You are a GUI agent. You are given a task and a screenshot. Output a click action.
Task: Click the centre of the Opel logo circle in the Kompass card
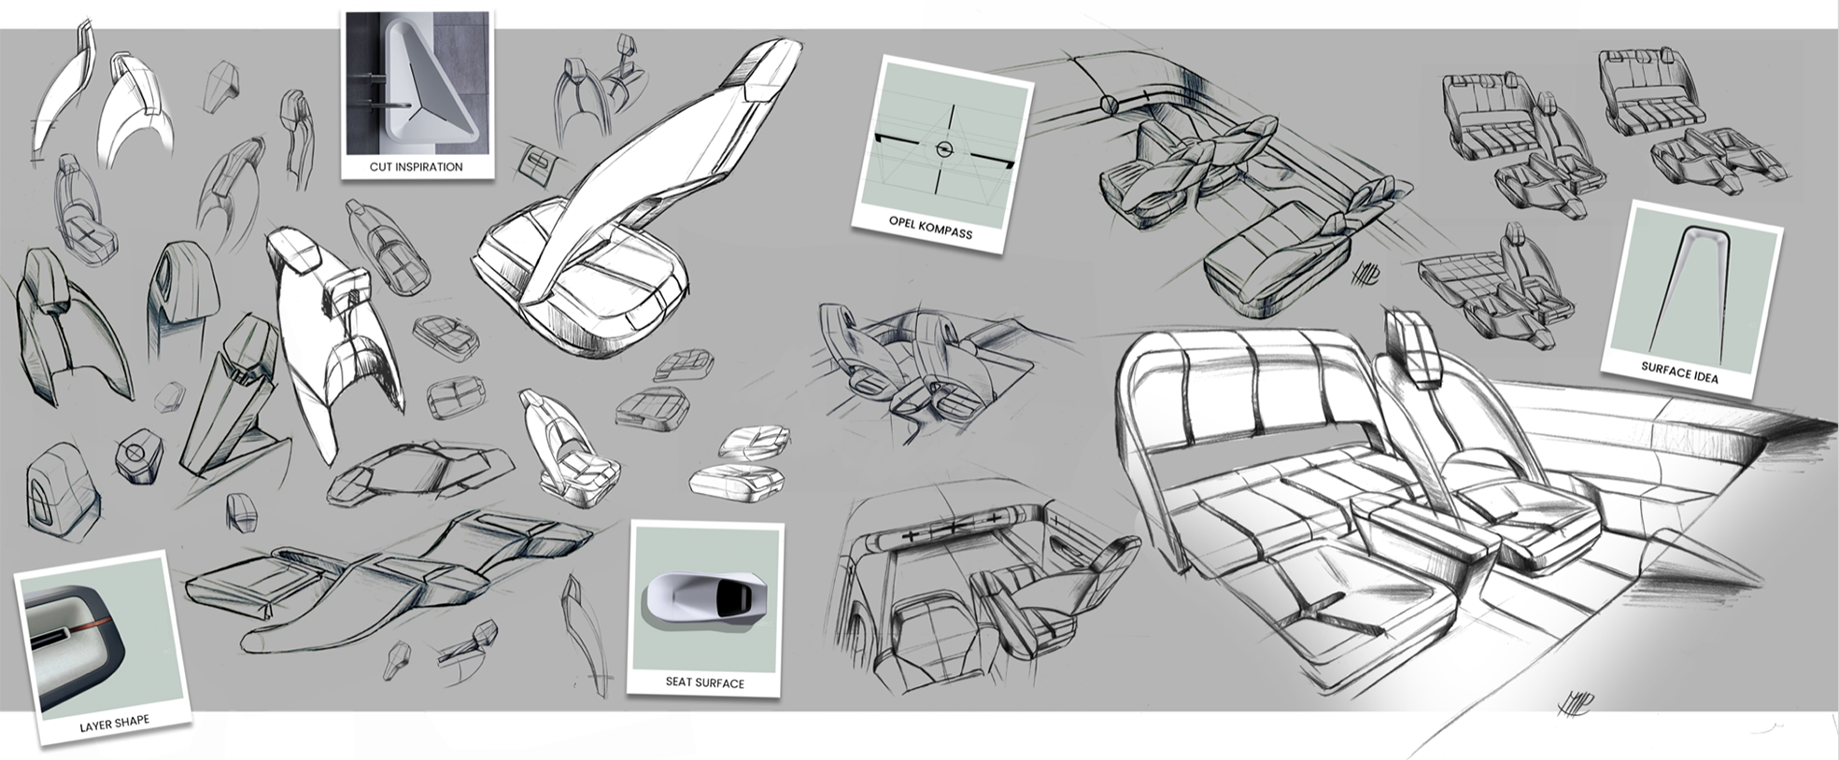click(943, 149)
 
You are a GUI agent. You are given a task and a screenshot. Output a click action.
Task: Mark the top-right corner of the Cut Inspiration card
click(493, 10)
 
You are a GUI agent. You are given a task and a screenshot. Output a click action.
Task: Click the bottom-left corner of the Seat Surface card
click(629, 694)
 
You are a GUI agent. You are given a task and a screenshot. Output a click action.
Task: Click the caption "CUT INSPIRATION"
click(416, 167)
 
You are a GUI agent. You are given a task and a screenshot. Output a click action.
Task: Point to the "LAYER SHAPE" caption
click(115, 724)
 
